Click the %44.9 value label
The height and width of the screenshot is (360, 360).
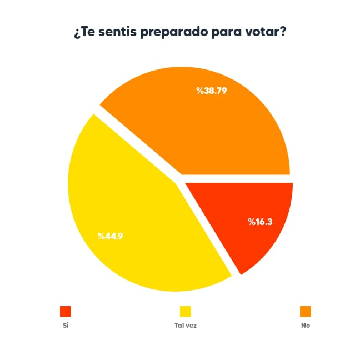pyautogui.click(x=110, y=236)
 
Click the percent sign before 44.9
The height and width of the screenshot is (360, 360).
pyautogui.click(x=101, y=236)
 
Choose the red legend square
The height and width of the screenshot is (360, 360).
pyautogui.click(x=66, y=311)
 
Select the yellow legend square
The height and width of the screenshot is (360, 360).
pyautogui.click(x=185, y=311)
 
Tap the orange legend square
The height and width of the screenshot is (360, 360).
pyautogui.click(x=306, y=311)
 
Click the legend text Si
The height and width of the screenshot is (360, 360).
pyautogui.click(x=65, y=326)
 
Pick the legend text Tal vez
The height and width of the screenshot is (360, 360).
pyautogui.click(x=185, y=326)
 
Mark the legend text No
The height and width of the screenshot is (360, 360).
pyautogui.click(x=306, y=326)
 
